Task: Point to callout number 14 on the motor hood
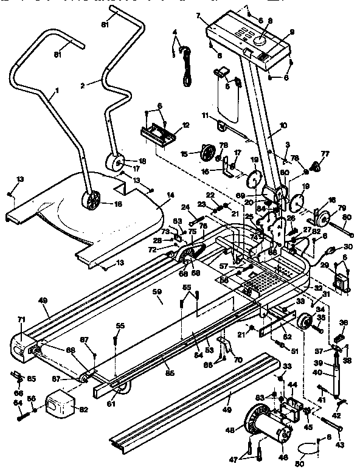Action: [170, 195]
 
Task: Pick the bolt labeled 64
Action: [24, 417]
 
